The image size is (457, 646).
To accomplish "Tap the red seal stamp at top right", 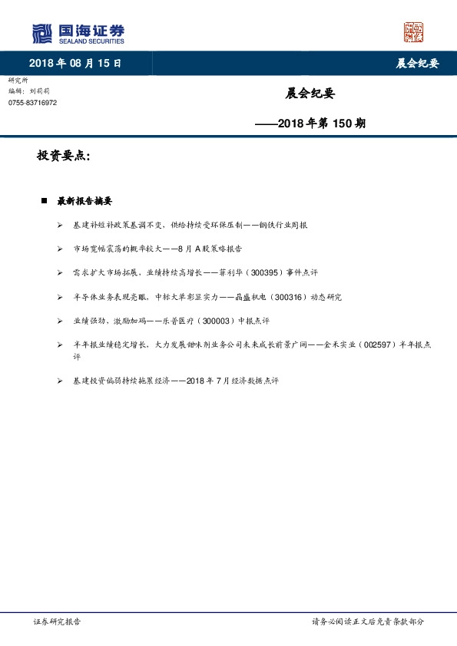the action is (x=413, y=32).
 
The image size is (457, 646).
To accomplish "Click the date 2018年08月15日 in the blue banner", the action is (x=75, y=64).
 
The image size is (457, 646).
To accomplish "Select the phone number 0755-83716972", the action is (x=32, y=103).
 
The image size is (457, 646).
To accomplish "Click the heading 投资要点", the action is (x=64, y=156).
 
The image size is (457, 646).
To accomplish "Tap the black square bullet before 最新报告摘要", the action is (x=45, y=201).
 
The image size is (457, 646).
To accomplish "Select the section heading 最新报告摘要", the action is (x=84, y=201).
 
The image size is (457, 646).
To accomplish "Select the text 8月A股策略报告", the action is (x=210, y=249).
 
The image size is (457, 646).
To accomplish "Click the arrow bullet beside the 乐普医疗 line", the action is (x=60, y=320).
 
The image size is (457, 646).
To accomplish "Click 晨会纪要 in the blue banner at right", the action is (x=417, y=64).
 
